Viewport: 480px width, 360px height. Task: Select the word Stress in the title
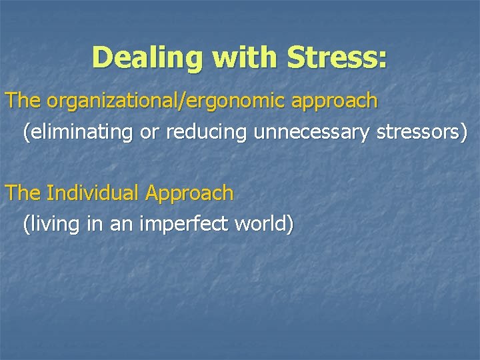330,58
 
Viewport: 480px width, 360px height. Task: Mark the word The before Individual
23,193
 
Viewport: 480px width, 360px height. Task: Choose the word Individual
93,193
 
